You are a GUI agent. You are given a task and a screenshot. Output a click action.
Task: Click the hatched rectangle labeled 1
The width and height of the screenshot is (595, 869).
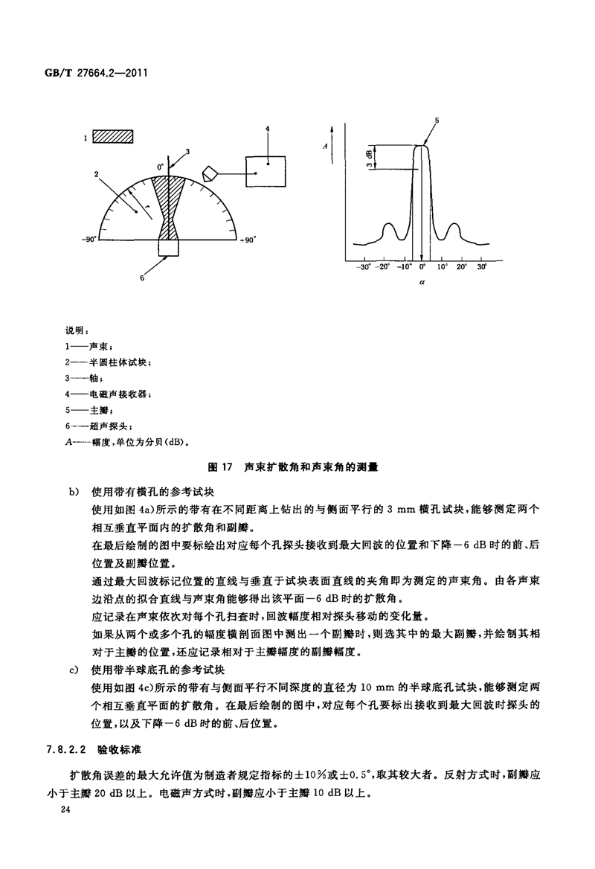[113, 137]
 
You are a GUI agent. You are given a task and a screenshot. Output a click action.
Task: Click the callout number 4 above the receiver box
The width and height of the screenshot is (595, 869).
[266, 129]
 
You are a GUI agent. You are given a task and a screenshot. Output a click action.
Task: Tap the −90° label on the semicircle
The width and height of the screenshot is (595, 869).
[89, 240]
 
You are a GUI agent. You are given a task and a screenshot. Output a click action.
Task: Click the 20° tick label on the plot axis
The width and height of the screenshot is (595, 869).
[461, 266]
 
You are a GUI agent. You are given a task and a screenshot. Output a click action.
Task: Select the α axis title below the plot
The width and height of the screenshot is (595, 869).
[421, 283]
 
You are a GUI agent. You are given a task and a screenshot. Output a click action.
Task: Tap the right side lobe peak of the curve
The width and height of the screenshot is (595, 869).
[455, 223]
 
